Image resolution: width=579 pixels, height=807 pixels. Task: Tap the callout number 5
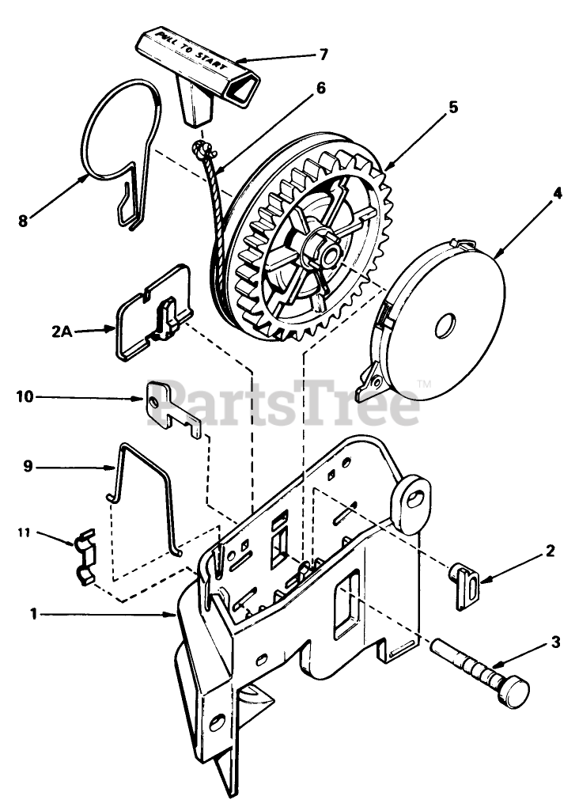click(452, 108)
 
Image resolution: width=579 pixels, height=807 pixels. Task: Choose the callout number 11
click(25, 533)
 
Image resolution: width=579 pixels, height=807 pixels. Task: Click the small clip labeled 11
click(85, 559)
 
